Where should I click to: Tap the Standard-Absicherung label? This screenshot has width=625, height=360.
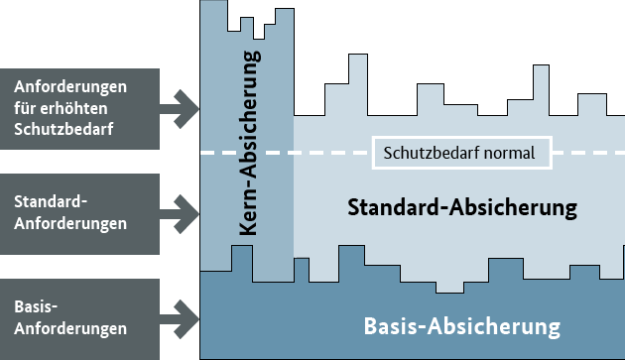461,208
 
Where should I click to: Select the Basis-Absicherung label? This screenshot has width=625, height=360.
462,326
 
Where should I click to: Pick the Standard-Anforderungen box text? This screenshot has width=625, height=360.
70,212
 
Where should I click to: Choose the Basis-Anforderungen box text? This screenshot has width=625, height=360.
70,317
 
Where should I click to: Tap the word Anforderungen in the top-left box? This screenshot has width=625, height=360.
71,86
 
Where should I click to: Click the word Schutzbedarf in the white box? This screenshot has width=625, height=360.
430,153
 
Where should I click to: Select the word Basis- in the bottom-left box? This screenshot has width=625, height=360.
36,306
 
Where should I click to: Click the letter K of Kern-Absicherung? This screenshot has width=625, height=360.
247,229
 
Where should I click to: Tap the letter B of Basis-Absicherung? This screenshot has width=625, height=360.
372,326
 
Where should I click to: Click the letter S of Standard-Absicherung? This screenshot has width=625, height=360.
353,208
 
